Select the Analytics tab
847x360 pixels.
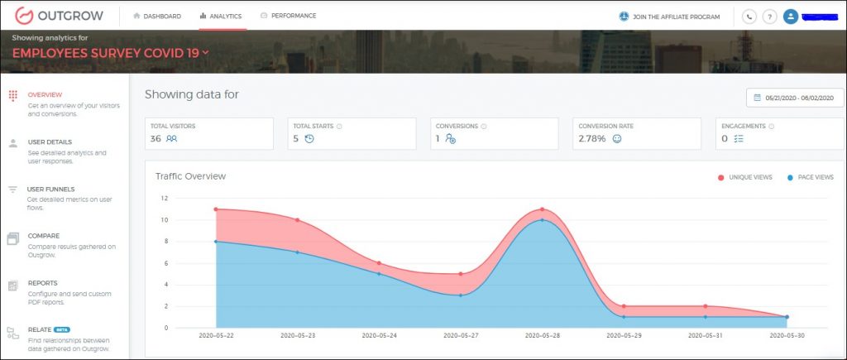click(x=222, y=16)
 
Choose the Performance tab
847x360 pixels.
click(x=288, y=16)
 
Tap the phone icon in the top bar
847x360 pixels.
click(x=749, y=17)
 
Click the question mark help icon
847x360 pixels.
click(x=769, y=17)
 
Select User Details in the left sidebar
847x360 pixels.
click(x=50, y=142)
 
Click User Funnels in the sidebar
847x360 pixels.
click(x=50, y=189)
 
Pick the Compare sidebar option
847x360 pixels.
click(x=44, y=236)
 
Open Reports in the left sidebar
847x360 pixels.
click(x=43, y=283)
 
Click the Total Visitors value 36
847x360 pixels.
click(x=156, y=139)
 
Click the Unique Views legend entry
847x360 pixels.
click(x=748, y=177)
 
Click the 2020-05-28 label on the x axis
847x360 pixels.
click(x=542, y=337)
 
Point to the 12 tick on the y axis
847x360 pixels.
click(x=164, y=199)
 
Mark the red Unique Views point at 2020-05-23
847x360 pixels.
click(x=297, y=220)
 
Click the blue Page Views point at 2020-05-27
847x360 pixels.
click(x=460, y=295)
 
